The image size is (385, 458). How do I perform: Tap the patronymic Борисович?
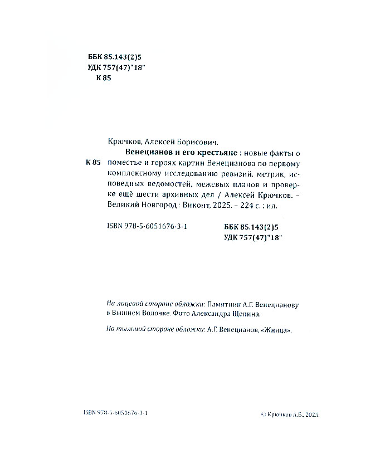click(x=197, y=142)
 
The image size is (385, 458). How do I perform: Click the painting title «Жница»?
click(x=277, y=329)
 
